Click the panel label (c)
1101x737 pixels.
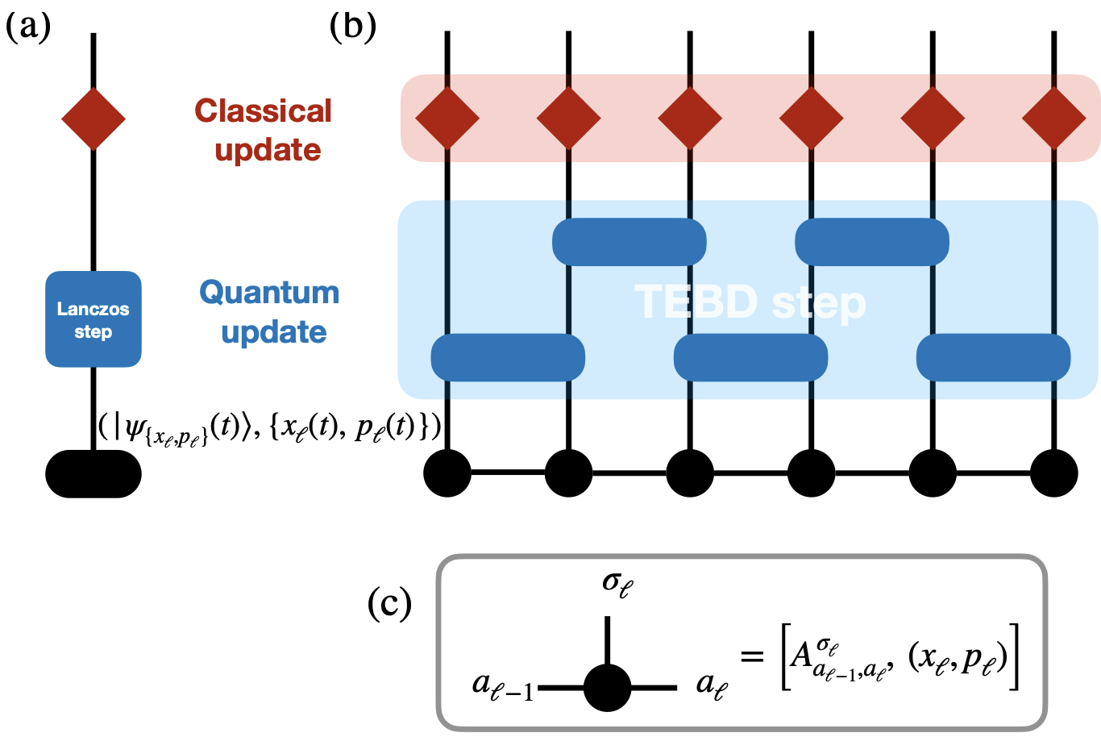pos(389,603)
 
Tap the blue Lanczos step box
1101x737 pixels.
pos(93,319)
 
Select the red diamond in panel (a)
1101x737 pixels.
pos(93,119)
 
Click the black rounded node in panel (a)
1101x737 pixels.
pos(93,473)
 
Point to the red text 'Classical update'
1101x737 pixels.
pos(264,130)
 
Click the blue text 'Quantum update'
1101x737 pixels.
pos(270,311)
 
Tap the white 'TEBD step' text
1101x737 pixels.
pos(750,302)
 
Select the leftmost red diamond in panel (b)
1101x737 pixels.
pos(447,119)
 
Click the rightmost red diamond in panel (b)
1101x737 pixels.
pos(1054,119)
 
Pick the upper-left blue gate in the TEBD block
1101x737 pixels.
pos(629,241)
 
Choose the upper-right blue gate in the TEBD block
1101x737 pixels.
pos(872,241)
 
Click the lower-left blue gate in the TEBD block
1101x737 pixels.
pos(508,356)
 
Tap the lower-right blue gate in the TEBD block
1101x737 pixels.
pos(994,356)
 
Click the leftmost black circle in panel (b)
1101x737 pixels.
pos(447,473)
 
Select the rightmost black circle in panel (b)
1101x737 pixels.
pos(1054,473)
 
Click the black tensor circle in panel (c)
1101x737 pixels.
pos(607,688)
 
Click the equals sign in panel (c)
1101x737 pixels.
pos(751,656)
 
